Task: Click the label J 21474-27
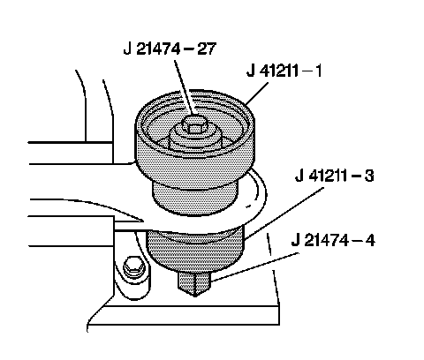(x=170, y=49)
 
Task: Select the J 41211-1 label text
(x=284, y=71)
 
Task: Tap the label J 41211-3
(x=335, y=176)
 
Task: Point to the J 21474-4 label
(x=333, y=240)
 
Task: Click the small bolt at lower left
(x=134, y=266)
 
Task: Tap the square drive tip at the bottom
(x=194, y=283)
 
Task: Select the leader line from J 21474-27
(x=184, y=87)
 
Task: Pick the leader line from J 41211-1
(x=256, y=94)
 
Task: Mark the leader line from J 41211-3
(x=284, y=213)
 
